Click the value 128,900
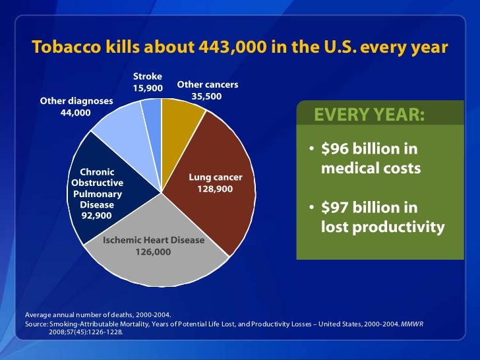(x=216, y=189)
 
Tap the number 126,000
(x=154, y=252)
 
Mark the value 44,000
(x=76, y=112)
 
